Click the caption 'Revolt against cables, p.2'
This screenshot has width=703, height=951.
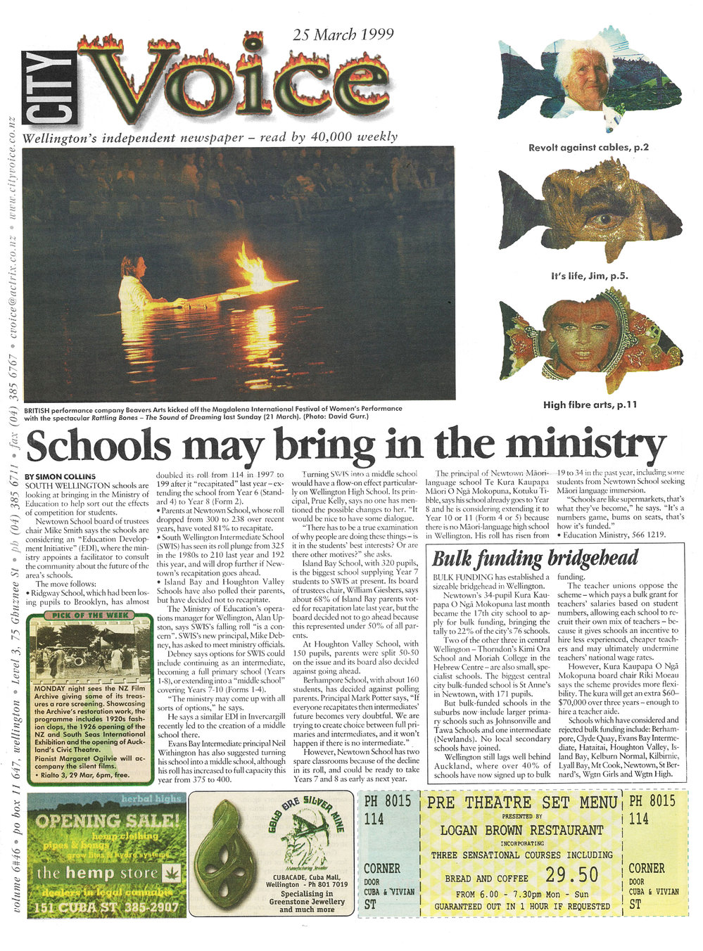tap(588, 147)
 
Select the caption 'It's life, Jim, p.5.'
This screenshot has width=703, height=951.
tap(590, 276)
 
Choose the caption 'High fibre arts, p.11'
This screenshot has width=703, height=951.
tap(590, 404)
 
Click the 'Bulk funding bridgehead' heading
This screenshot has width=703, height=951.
tap(535, 559)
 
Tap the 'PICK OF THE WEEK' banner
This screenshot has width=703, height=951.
tap(89, 616)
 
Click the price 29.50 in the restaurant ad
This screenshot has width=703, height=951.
tap(571, 874)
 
